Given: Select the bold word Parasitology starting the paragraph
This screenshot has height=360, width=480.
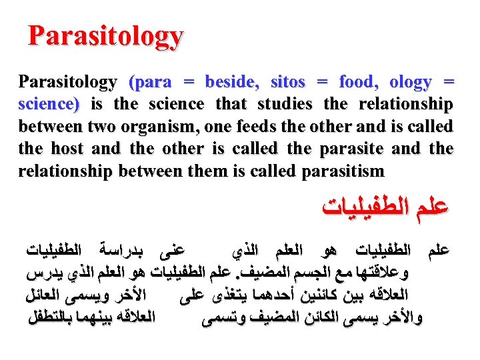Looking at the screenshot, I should (x=67, y=83).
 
